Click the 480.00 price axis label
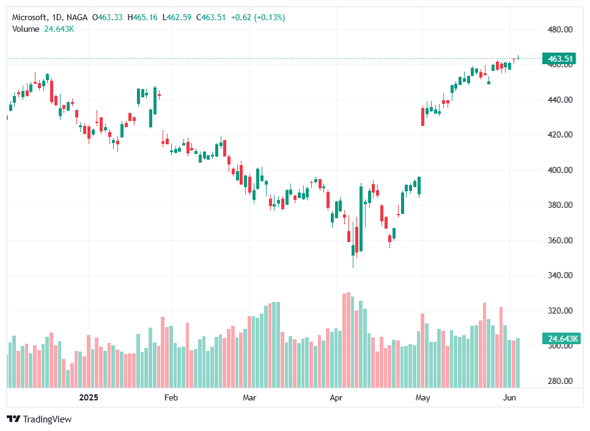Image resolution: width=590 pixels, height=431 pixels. click(x=559, y=29)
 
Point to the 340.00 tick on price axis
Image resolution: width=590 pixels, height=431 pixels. click(x=559, y=276)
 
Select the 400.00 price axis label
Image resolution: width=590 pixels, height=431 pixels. click(x=559, y=170)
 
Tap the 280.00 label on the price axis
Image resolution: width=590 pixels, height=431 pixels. click(x=559, y=381)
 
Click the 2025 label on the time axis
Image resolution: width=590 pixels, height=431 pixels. click(x=89, y=398)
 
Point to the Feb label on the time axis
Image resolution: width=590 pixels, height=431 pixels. click(x=171, y=398)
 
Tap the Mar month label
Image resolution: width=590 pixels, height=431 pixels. click(x=249, y=398)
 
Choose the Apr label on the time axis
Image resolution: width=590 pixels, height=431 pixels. click(x=337, y=398)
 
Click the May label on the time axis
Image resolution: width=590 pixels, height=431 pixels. click(x=422, y=398)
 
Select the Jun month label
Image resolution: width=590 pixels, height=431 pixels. click(x=509, y=398)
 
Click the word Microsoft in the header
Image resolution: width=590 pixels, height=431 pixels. click(x=29, y=18)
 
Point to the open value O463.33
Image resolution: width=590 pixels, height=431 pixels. click(x=108, y=18)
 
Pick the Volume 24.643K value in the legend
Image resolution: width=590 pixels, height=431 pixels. click(x=59, y=29)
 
